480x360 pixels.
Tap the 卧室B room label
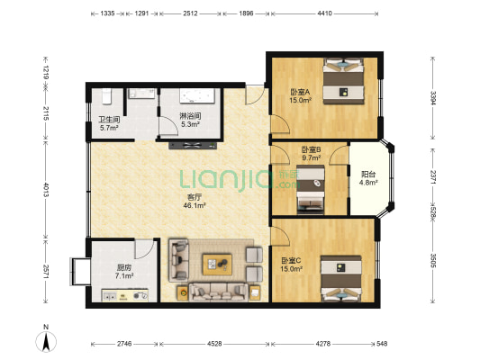pos(311,149)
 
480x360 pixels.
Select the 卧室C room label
pos(291,261)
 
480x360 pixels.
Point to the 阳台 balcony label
pos(368,175)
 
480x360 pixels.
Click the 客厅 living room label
pos(195,197)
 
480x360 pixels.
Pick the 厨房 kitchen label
pos(124,267)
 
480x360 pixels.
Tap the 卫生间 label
pos(109,120)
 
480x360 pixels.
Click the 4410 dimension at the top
pos(324,13)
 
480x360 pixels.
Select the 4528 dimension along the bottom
pos(214,344)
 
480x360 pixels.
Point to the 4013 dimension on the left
pos(46,190)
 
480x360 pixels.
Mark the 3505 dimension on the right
pos(432,260)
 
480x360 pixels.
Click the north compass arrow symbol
pos(46,341)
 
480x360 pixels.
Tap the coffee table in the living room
pos(217,264)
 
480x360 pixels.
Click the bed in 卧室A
pos(344,81)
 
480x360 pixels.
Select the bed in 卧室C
pos(341,279)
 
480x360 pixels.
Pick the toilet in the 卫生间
pos(106,96)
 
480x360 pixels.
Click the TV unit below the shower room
pos(193,146)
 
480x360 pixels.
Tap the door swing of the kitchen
pos(143,248)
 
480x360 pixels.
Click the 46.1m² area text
pos(195,205)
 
